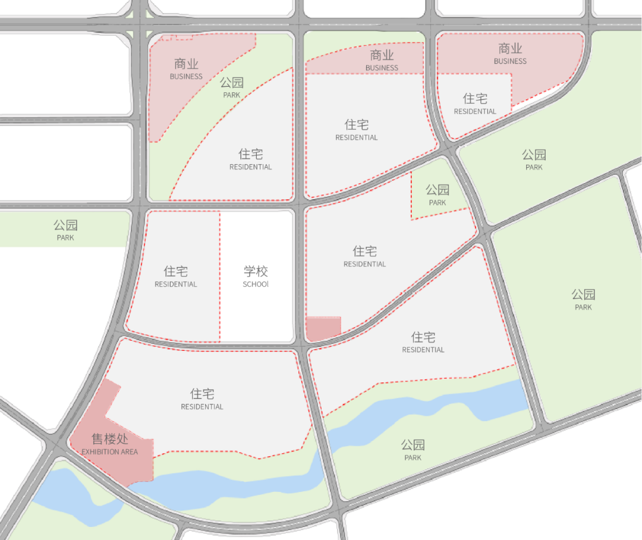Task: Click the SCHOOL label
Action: click(x=256, y=284)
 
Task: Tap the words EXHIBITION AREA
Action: click(x=109, y=452)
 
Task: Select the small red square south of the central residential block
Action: click(x=323, y=328)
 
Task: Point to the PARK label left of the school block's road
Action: click(x=65, y=237)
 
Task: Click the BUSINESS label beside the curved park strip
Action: click(x=186, y=76)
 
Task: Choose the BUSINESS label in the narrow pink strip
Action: click(x=382, y=68)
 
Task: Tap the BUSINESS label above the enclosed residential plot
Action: click(x=510, y=61)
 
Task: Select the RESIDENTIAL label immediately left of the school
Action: click(x=175, y=284)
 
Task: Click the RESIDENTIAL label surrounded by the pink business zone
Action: click(x=475, y=111)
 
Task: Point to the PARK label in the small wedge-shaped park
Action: click(x=438, y=203)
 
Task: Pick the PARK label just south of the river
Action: click(x=413, y=457)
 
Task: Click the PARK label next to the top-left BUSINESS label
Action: click(x=232, y=95)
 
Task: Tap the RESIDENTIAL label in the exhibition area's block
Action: click(x=202, y=407)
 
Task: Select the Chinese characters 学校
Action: click(x=256, y=272)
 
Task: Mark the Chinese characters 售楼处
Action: click(x=109, y=439)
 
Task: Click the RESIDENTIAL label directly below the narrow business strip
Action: click(x=357, y=137)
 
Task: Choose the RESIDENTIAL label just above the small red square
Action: click(x=364, y=264)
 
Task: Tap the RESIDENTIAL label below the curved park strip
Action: click(x=250, y=167)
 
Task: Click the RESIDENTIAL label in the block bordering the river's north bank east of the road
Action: click(x=423, y=350)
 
